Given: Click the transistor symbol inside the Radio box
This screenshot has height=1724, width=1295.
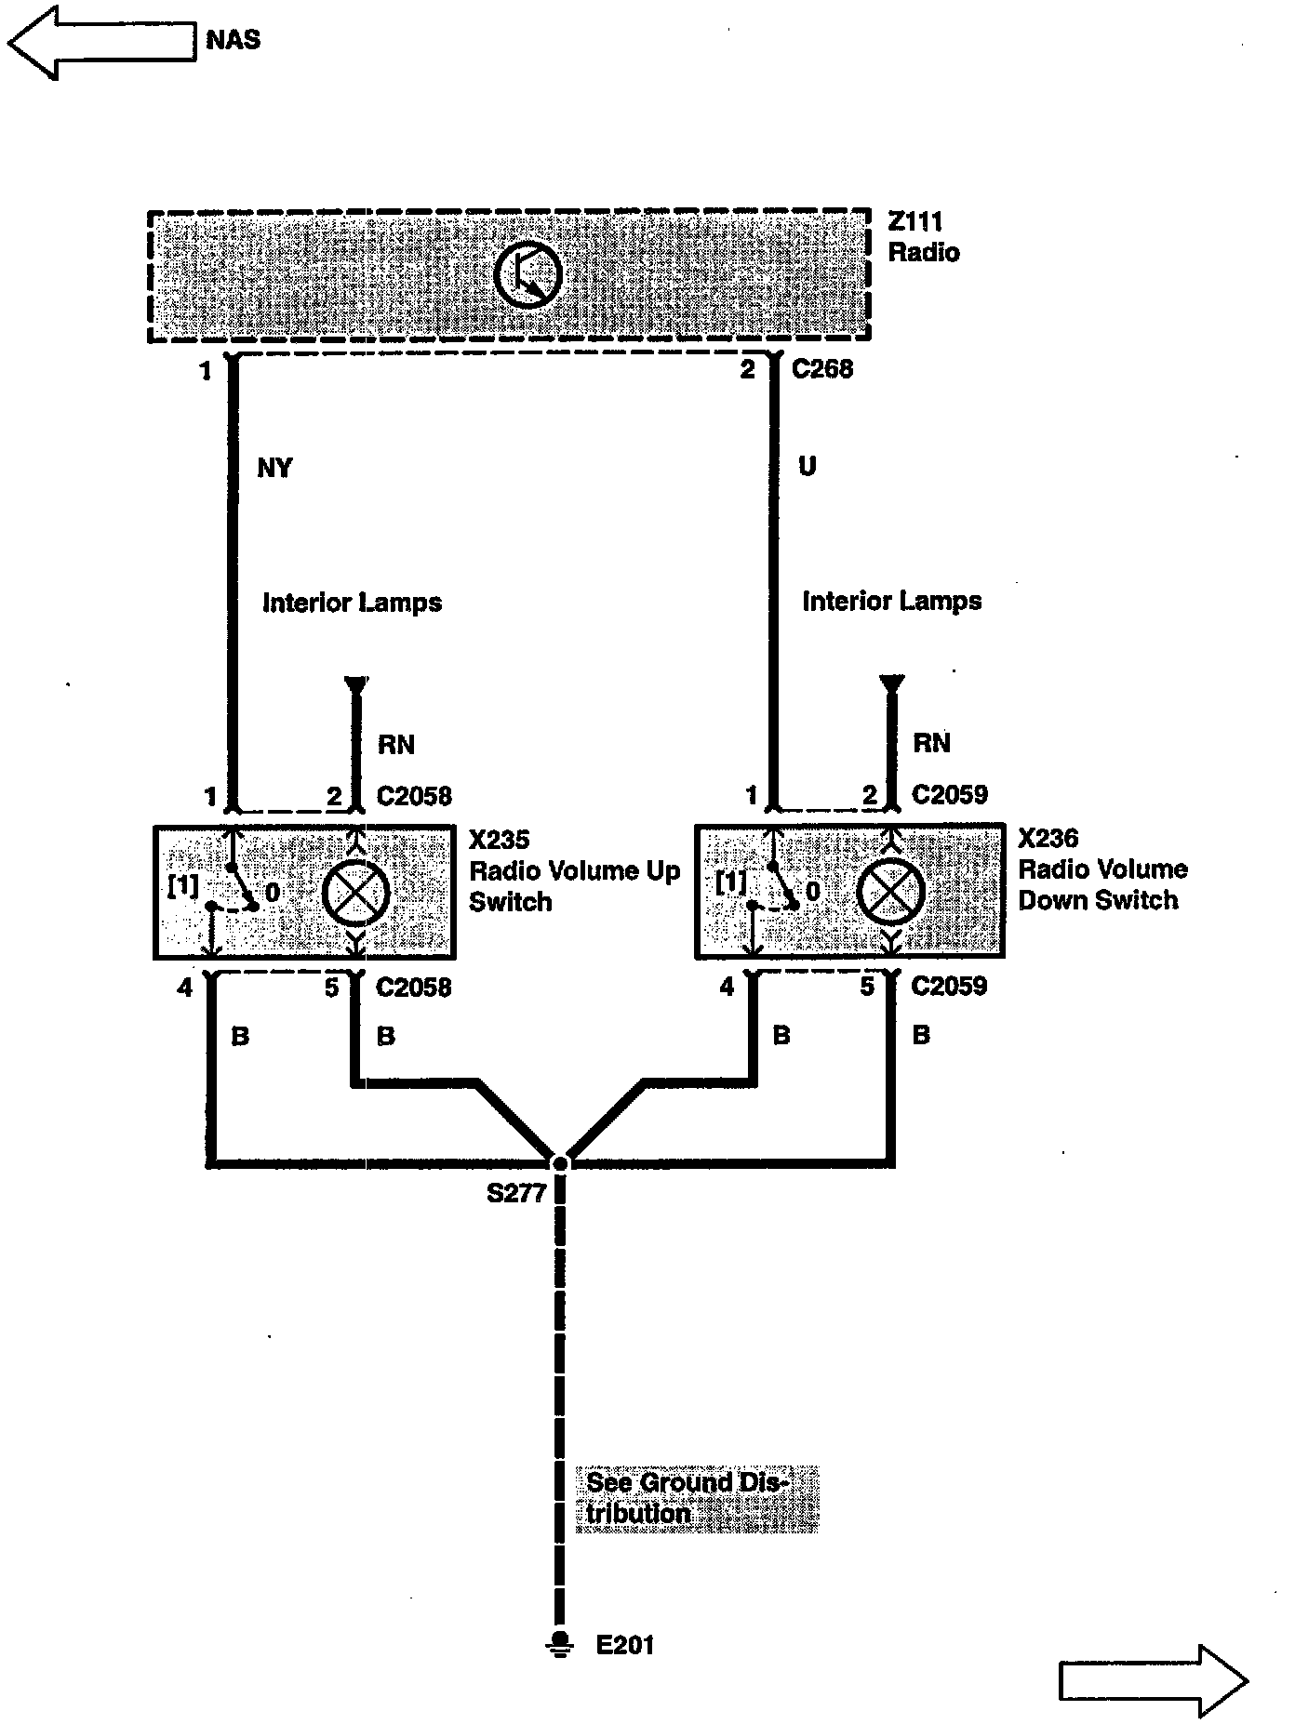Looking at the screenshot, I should [x=528, y=275].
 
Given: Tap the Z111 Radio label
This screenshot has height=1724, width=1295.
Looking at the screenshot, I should [x=923, y=237].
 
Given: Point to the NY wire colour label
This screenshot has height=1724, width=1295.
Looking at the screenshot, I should [x=274, y=468].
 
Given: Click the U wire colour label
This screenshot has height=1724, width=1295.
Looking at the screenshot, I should [x=807, y=466].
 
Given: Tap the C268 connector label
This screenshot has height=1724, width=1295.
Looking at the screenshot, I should [x=822, y=369].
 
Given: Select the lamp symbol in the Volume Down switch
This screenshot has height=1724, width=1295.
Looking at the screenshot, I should [x=890, y=891].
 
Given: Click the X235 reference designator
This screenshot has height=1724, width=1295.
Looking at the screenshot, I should [x=499, y=840].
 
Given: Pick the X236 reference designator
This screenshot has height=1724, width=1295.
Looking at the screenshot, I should [x=1048, y=838].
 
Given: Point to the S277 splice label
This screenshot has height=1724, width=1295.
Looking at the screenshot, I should [x=516, y=1193].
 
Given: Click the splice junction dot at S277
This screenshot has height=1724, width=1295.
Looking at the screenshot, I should [x=559, y=1163].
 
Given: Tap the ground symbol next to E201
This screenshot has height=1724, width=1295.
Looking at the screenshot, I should [x=559, y=1643].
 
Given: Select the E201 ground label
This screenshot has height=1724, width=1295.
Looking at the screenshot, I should [x=625, y=1645].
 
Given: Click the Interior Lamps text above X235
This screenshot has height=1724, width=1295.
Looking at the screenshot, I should [x=352, y=603].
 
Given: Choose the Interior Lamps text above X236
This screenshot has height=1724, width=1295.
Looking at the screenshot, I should [x=891, y=601].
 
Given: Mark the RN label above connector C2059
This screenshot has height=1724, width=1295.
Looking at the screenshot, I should [x=931, y=742].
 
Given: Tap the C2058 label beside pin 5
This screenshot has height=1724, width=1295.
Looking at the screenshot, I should [x=414, y=987].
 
